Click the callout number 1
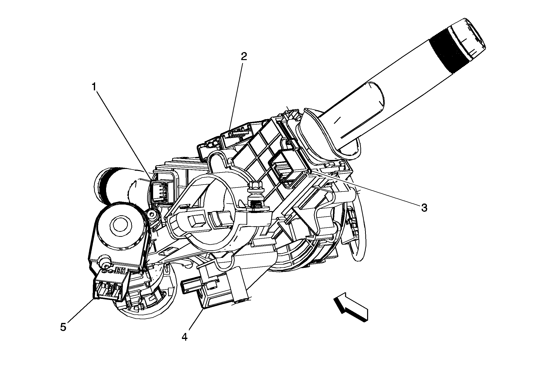pos(94,87)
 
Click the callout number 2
pos(244,57)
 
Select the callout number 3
pos(424,208)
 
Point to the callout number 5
pos(63,327)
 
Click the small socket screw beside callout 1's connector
pos(152,214)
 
